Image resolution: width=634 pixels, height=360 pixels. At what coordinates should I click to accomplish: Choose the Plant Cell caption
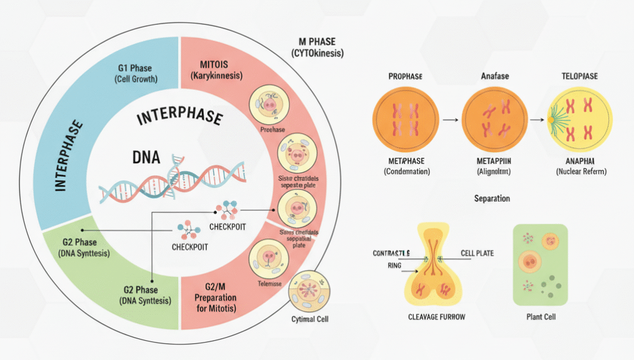[540, 317]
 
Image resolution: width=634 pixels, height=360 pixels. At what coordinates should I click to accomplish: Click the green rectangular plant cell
[540, 265]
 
